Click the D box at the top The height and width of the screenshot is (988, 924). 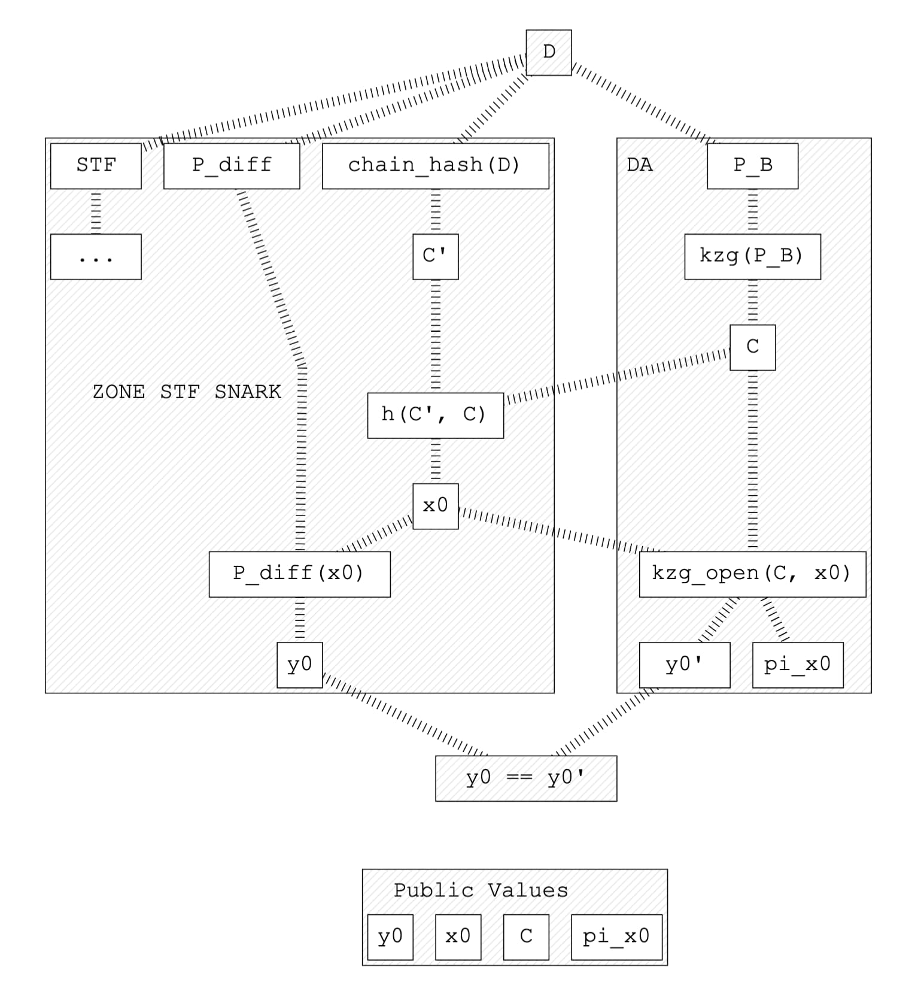[x=548, y=53]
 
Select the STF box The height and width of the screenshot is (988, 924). [x=96, y=166]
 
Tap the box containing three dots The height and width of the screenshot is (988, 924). [x=96, y=257]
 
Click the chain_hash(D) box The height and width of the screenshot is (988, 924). [x=435, y=166]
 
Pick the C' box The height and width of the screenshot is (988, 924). [x=435, y=257]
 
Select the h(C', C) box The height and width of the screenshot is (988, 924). [x=435, y=415]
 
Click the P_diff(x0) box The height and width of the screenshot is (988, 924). [x=299, y=574]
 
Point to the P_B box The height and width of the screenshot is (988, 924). [x=752, y=166]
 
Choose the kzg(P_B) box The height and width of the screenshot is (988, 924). [x=752, y=257]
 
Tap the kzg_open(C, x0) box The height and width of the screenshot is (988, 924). [x=752, y=574]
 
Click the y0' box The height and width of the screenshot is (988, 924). [x=684, y=665]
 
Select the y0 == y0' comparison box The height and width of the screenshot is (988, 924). [x=525, y=778]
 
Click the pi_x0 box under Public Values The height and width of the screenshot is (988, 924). [x=616, y=937]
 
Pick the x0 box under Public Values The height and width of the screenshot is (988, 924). [x=458, y=937]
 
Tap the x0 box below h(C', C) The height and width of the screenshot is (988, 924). [x=435, y=506]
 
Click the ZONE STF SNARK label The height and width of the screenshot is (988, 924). [x=187, y=392]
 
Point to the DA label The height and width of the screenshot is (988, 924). [x=639, y=165]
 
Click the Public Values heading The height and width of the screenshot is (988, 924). [x=481, y=890]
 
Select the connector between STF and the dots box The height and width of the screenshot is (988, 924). [x=96, y=211]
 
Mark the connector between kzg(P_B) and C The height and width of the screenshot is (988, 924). [x=752, y=302]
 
